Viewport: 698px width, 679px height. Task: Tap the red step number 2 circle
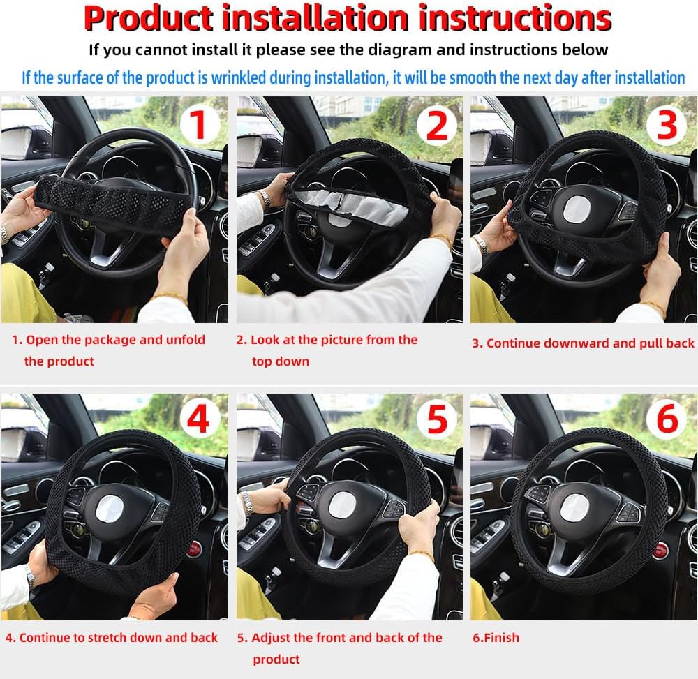(436, 126)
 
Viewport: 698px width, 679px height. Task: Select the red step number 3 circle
(667, 125)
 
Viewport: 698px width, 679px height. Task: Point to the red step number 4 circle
(198, 419)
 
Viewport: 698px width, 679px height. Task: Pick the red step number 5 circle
(437, 419)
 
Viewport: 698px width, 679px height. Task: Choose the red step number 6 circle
(667, 419)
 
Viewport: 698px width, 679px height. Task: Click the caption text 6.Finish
(496, 638)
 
